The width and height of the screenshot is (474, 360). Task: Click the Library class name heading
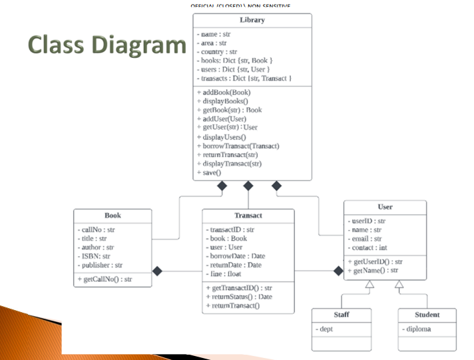[x=252, y=20]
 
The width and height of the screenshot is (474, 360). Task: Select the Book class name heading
[x=113, y=216]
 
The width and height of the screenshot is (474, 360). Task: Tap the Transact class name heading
[x=248, y=216]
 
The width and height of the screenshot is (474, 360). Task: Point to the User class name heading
[x=385, y=207]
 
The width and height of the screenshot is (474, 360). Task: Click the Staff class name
[x=342, y=315]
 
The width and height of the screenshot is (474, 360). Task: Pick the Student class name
[x=427, y=315]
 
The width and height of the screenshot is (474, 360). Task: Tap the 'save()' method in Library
[x=209, y=172]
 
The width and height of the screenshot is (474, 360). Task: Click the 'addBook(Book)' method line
[x=224, y=92]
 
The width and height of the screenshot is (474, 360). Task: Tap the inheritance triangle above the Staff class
[x=370, y=284]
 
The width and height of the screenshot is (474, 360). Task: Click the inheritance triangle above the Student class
[x=399, y=284]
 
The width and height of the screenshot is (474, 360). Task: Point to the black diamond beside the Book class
[x=158, y=271]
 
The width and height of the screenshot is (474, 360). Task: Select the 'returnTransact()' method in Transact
[x=232, y=305]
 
